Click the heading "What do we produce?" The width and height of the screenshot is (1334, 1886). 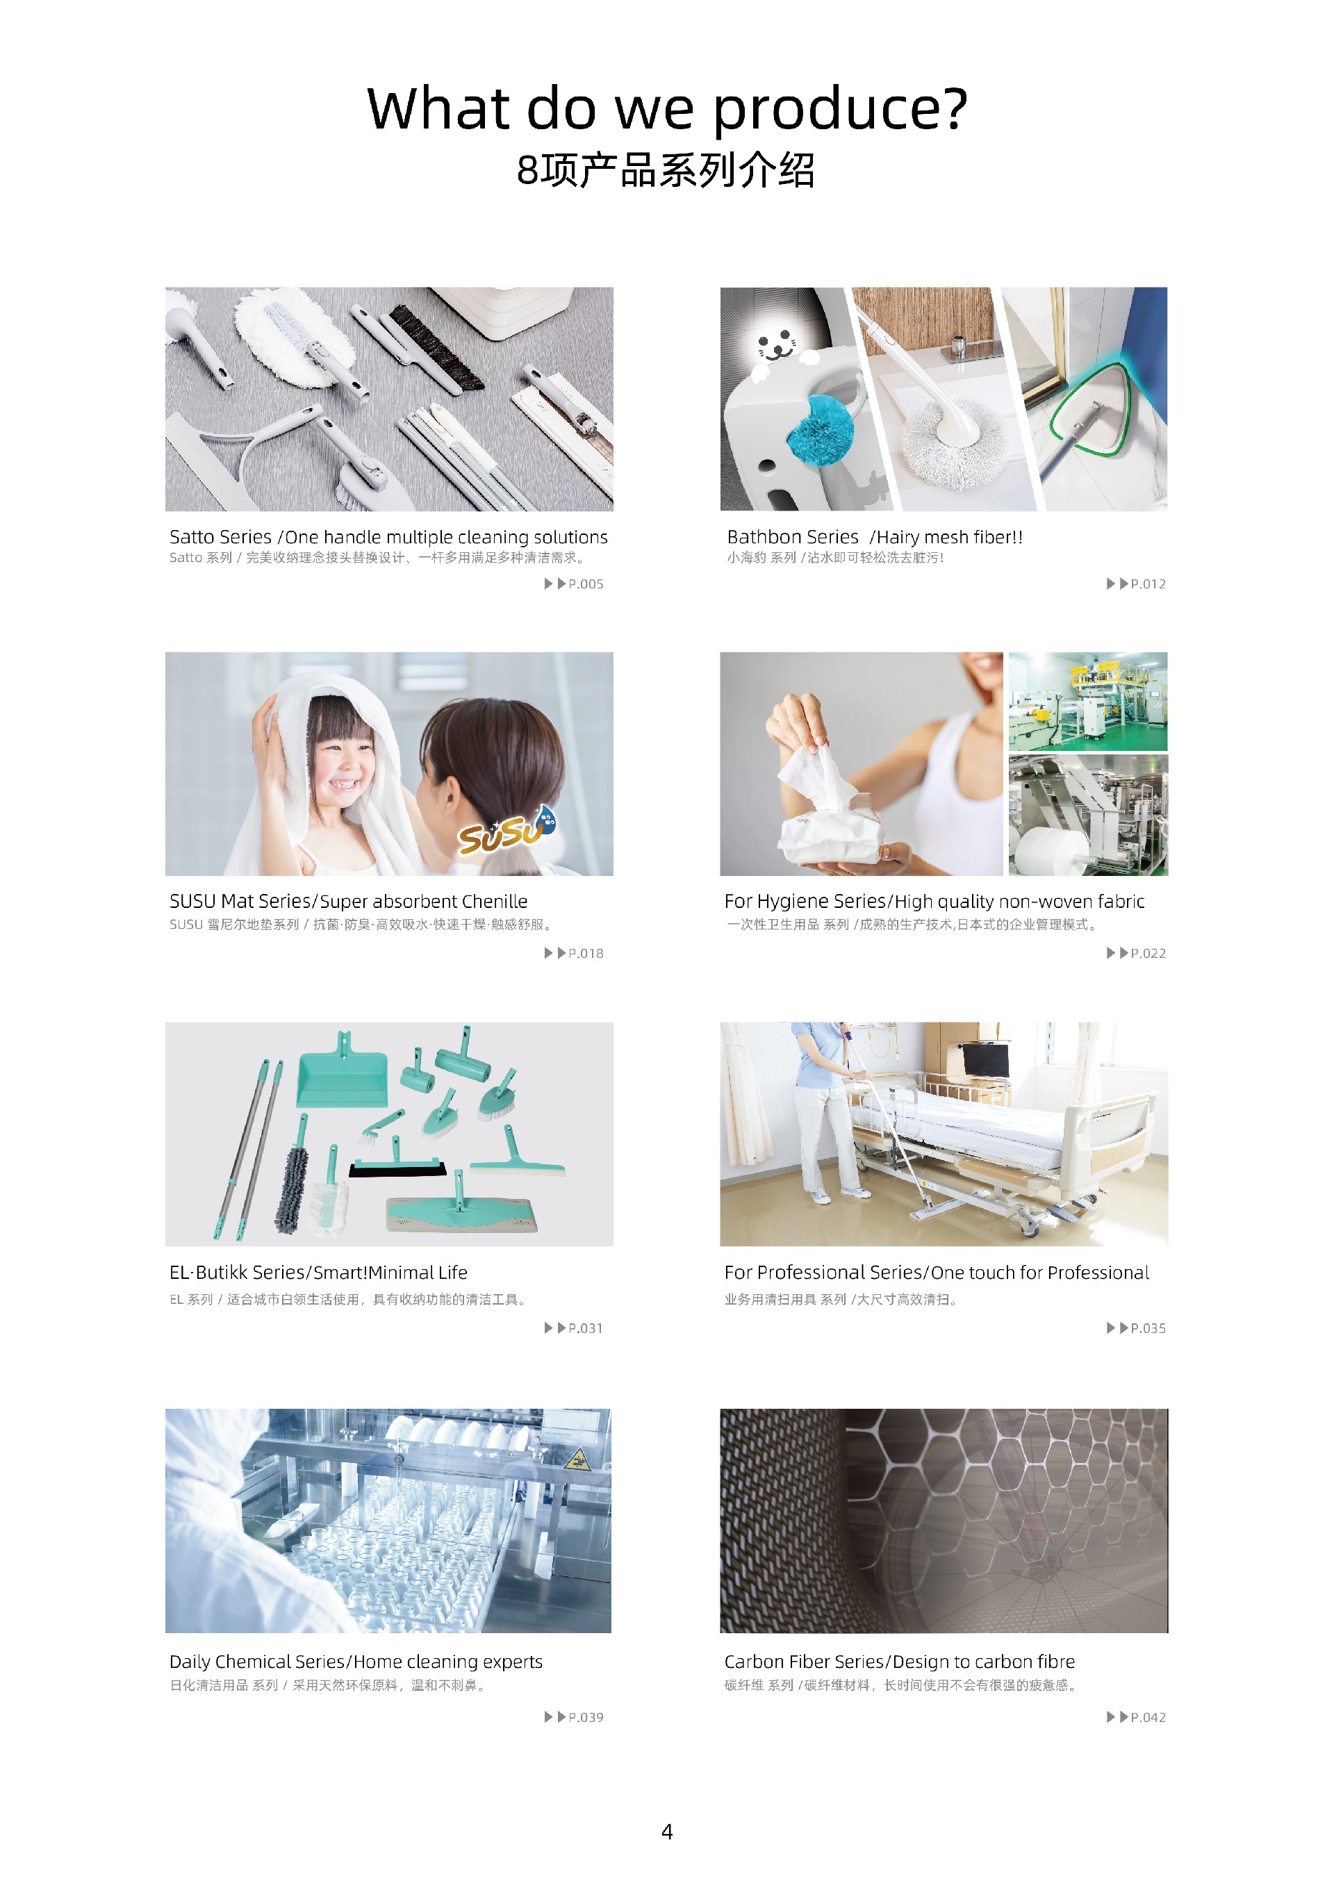pos(667,109)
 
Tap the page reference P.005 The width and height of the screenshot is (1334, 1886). pos(586,584)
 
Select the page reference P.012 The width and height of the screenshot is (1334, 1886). pos(1148,584)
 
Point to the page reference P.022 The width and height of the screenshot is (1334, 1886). pos(1148,953)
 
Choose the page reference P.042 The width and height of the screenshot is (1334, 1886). pos(1148,1717)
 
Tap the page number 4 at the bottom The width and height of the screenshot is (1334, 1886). pos(667,1832)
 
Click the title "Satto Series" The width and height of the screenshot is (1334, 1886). pos(220,537)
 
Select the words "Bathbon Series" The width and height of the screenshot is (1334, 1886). pos(793,537)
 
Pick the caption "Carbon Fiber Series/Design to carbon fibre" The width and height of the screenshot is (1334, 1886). pos(900,1662)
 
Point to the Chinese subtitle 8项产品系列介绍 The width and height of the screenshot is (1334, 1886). pos(666,170)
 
